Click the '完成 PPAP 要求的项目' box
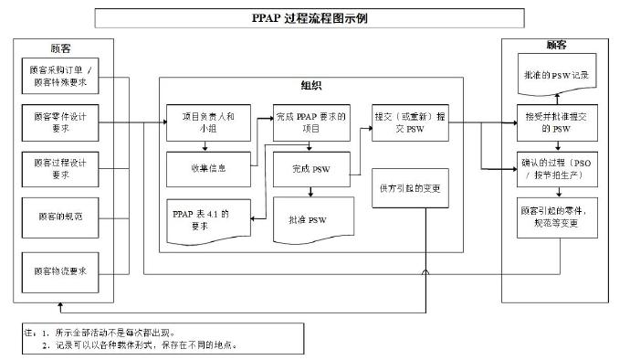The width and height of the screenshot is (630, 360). point(311,122)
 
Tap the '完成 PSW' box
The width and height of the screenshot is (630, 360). point(311,168)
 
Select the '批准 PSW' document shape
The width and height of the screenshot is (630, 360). point(311,219)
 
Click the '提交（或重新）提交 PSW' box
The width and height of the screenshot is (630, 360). point(411,122)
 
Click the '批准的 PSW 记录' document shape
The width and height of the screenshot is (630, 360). point(554,76)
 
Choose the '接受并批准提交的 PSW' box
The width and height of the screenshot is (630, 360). point(554,122)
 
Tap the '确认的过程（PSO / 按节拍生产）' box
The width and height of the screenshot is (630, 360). point(554,168)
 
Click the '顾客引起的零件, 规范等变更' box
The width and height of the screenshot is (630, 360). point(554,217)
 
